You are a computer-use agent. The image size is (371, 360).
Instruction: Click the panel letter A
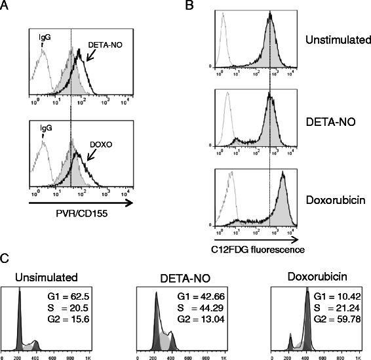coord(7,7)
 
